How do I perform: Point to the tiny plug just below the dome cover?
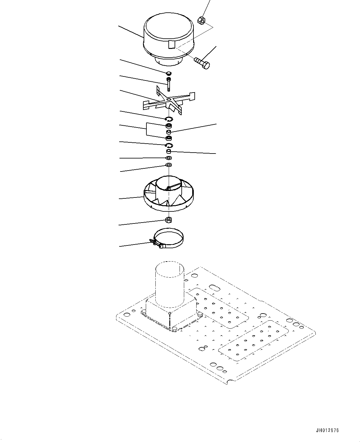(169, 73)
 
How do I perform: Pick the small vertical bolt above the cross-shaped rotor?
(168, 84)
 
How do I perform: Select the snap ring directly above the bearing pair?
(169, 119)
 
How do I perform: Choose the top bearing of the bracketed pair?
(169, 126)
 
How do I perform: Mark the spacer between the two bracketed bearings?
(169, 132)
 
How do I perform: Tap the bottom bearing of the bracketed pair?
(169, 138)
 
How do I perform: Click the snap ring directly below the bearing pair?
(169, 145)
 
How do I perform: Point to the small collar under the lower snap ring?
(169, 152)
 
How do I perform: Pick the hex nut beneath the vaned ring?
(169, 220)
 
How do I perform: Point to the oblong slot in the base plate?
(214, 286)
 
